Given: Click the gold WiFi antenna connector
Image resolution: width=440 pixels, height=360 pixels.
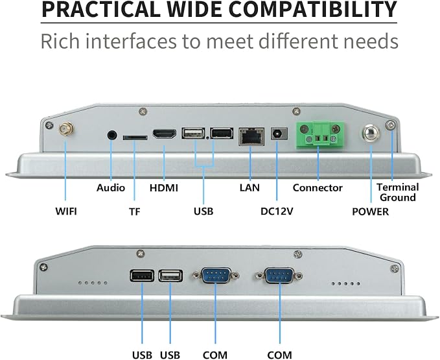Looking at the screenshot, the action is (66, 130).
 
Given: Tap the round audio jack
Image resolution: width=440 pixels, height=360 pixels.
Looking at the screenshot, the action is (112, 135).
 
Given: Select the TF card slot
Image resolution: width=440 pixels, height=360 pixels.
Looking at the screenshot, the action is (135, 138).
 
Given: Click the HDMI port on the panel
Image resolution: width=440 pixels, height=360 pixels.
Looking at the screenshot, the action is (165, 134).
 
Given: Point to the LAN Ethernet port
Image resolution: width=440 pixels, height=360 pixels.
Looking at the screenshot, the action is (251, 136).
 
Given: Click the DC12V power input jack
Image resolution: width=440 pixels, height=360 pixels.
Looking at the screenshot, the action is (279, 134).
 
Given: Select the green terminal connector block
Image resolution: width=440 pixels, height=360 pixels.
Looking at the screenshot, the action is (320, 134).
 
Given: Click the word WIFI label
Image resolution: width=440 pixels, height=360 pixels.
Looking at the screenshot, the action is (66, 211).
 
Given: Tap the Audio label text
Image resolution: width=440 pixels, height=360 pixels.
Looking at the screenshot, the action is (111, 187).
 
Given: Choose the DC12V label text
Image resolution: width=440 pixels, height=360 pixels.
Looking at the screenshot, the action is (277, 211).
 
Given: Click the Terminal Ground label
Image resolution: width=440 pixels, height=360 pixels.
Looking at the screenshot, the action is (398, 193).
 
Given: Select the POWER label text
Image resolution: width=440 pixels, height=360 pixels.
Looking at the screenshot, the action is (371, 211).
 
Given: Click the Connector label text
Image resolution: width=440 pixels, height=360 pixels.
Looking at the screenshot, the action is (318, 187).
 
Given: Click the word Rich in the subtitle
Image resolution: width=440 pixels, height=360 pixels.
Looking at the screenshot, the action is (60, 41).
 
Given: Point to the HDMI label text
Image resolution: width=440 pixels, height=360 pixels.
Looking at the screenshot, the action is (164, 187).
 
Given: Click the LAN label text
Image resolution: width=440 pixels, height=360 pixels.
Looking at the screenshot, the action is (249, 187).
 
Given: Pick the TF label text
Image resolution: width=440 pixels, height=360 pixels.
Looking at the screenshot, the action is (135, 211).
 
